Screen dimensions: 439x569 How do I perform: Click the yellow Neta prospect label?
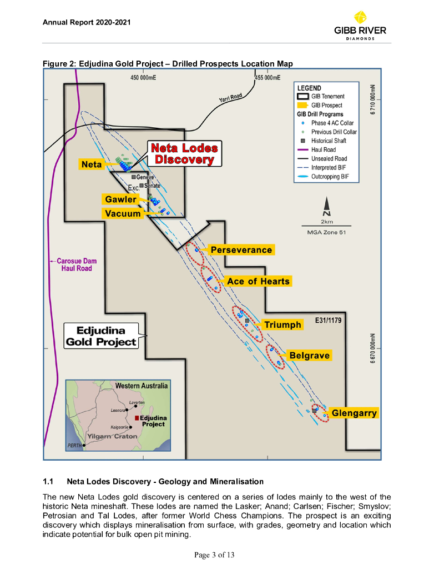pos(92,164)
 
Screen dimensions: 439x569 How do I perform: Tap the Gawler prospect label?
pos(121,199)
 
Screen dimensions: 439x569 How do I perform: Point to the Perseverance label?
pos(241,250)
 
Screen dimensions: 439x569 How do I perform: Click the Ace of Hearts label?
pos(258,281)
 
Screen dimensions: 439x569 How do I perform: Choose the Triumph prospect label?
pos(282,325)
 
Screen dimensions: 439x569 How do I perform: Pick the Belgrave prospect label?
pos(309,356)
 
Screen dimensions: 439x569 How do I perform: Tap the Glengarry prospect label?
pos(354,413)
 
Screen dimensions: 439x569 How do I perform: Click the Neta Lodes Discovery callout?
pos(184,153)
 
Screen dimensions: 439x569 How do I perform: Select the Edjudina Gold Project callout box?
pos(102,336)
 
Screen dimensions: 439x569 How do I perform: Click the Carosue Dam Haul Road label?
pos(77,264)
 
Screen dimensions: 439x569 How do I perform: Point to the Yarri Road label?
pos(230,98)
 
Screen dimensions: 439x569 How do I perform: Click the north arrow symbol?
pos(327,207)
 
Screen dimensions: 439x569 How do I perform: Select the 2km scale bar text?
pos(327,221)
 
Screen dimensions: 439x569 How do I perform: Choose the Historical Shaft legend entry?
pos(332,141)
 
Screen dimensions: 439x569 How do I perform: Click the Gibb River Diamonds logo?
pos(360,26)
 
